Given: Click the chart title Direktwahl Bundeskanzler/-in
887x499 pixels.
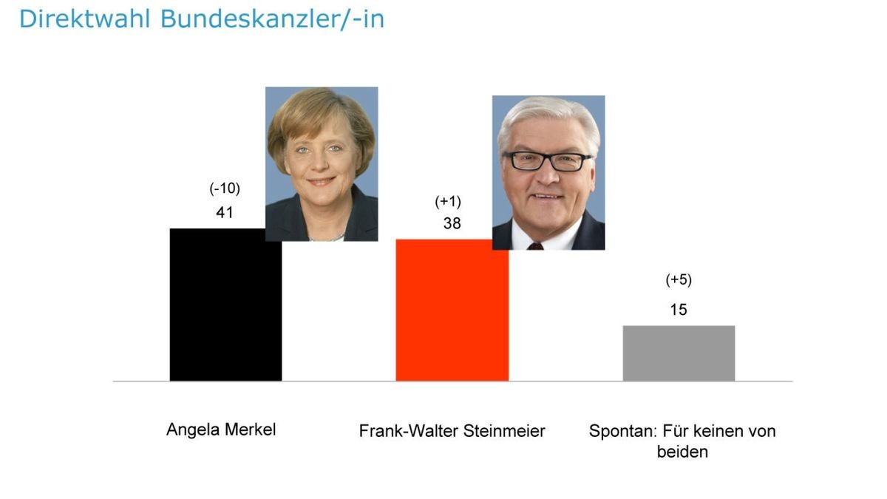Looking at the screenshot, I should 201,18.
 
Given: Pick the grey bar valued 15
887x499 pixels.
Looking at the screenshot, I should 679,353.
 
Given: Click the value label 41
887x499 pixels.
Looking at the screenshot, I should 225,212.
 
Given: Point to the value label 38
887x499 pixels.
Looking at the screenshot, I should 452,223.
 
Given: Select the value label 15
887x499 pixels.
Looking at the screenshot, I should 678,310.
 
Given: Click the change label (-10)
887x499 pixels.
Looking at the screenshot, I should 225,189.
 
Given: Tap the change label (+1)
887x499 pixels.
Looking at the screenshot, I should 448,202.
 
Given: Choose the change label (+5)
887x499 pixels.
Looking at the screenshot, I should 679,279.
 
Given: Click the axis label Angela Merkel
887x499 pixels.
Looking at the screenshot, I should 221,430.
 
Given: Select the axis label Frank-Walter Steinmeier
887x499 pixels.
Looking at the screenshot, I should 452,431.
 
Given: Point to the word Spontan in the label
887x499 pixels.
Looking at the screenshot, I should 622,431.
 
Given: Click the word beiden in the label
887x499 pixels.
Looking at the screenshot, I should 682,451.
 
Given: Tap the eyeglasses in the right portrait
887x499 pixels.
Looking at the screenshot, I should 547,161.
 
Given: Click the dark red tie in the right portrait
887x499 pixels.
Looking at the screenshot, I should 535,246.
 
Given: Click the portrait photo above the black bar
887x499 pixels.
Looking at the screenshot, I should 322,163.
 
